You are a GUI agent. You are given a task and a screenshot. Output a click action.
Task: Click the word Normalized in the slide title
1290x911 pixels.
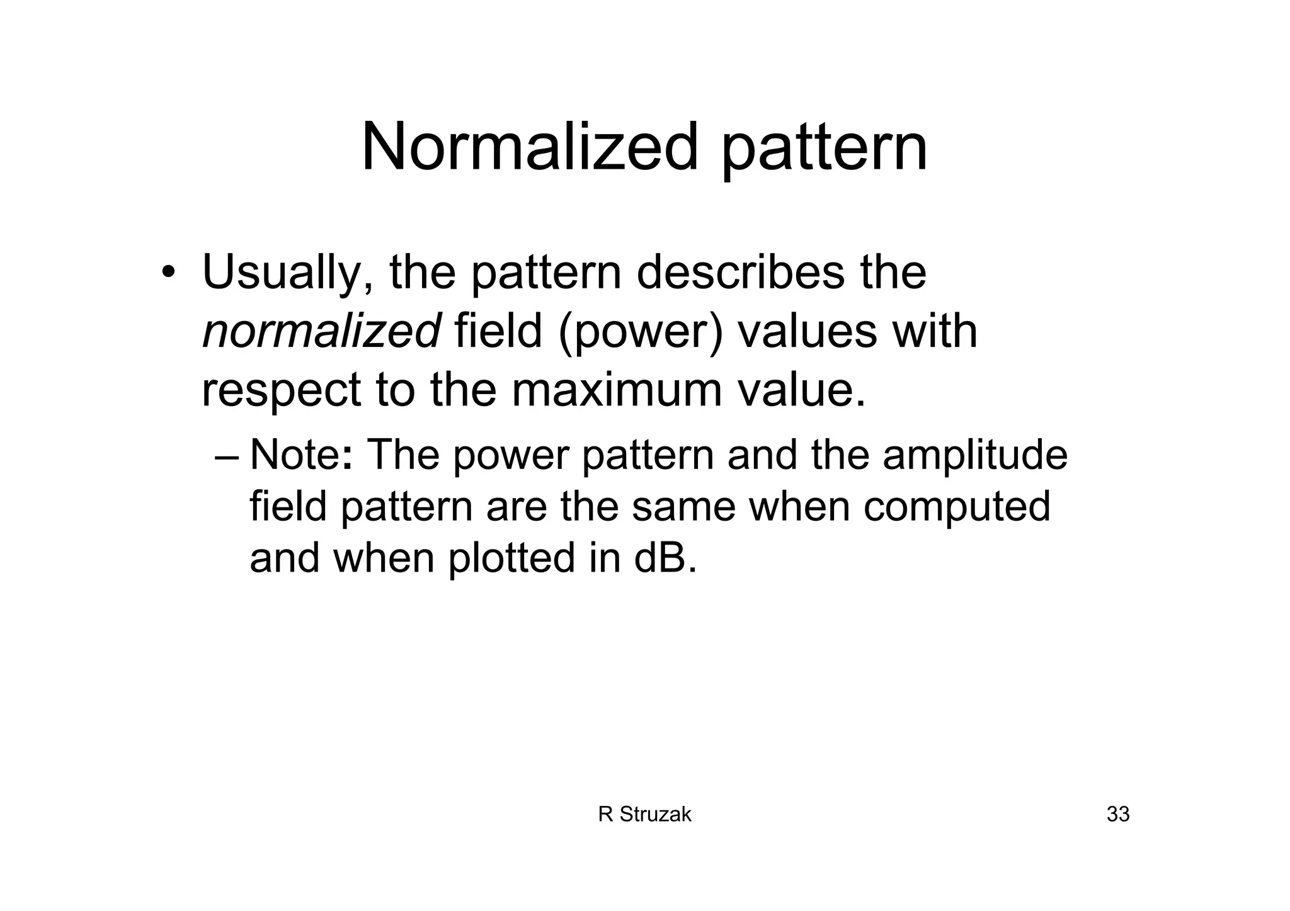coord(530,147)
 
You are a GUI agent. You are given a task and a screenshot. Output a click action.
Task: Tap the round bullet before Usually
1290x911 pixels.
coord(168,273)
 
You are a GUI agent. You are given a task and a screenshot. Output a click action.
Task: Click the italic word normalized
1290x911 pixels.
coord(321,331)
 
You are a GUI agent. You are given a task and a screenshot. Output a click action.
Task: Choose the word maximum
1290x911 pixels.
coord(616,389)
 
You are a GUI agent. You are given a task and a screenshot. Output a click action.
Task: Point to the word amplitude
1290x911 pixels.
coord(974,456)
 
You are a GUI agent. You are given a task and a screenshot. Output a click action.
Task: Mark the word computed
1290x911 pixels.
coord(956,507)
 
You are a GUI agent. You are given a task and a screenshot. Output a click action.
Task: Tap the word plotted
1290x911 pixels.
coord(511,558)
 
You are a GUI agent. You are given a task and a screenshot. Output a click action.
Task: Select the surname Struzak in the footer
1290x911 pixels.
coord(655,815)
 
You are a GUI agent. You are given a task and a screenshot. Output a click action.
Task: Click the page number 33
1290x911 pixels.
coord(1118,815)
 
